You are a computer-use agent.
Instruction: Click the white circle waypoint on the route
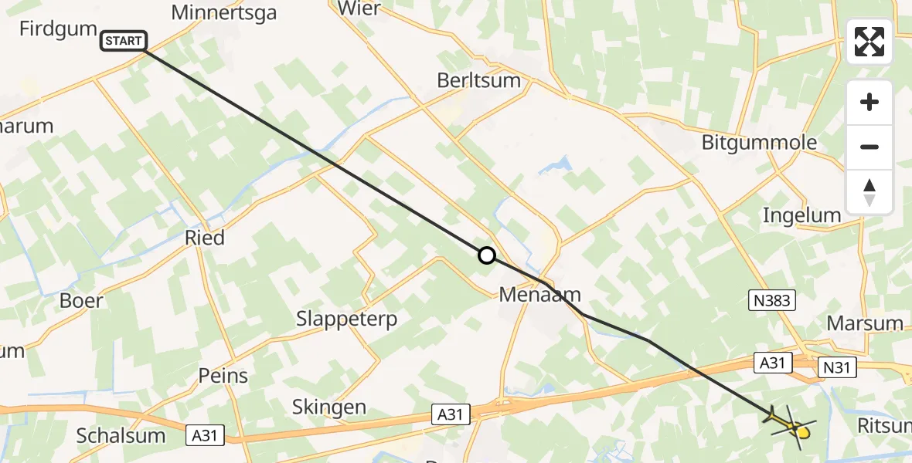click(486, 255)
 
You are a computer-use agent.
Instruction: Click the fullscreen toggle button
click(869, 42)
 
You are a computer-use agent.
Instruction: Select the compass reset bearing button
click(869, 192)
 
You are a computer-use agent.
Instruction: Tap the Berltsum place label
click(479, 80)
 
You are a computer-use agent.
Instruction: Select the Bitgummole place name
click(747, 143)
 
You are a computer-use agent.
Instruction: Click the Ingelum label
click(801, 215)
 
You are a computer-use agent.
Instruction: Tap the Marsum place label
click(865, 323)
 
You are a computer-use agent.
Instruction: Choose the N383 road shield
click(770, 300)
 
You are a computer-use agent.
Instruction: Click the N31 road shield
click(837, 367)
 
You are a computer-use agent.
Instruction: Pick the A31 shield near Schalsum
click(206, 436)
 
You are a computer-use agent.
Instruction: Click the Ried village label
click(205, 237)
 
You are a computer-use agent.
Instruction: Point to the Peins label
click(223, 376)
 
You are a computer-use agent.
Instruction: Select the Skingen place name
click(329, 407)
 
